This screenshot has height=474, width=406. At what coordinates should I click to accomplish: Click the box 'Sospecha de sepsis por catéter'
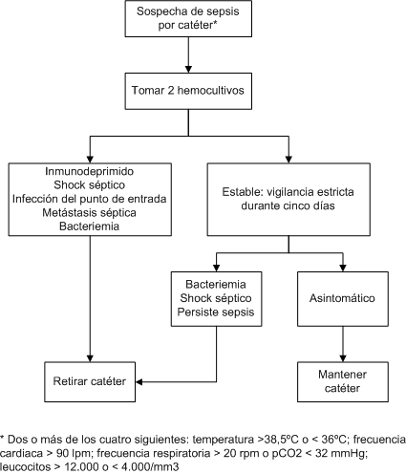click(188, 18)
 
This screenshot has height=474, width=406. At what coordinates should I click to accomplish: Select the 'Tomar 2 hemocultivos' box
click(188, 91)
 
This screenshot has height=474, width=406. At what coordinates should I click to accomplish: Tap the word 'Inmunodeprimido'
click(89, 171)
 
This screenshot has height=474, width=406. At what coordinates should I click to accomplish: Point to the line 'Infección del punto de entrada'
click(89, 199)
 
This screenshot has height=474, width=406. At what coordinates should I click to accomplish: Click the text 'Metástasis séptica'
click(89, 212)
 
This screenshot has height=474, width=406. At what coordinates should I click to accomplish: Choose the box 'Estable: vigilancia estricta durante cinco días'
click(288, 200)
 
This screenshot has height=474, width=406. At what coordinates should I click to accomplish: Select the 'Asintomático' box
click(343, 299)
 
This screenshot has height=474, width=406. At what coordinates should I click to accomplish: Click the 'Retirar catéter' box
click(90, 381)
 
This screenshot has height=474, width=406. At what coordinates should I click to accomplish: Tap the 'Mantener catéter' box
click(343, 381)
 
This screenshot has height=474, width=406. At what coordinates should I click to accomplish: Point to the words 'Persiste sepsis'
click(216, 312)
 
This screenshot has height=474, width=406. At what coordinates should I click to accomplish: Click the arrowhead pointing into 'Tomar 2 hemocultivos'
click(188, 70)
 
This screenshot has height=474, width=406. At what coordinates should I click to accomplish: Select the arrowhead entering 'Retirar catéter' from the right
click(139, 381)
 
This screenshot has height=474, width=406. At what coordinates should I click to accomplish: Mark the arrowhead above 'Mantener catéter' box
click(343, 358)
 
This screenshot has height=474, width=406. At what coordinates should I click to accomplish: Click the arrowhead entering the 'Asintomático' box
click(343, 268)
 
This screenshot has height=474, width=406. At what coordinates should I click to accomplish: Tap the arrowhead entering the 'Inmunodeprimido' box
click(90, 160)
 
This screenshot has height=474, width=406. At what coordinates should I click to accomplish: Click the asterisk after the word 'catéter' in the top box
click(215, 23)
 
